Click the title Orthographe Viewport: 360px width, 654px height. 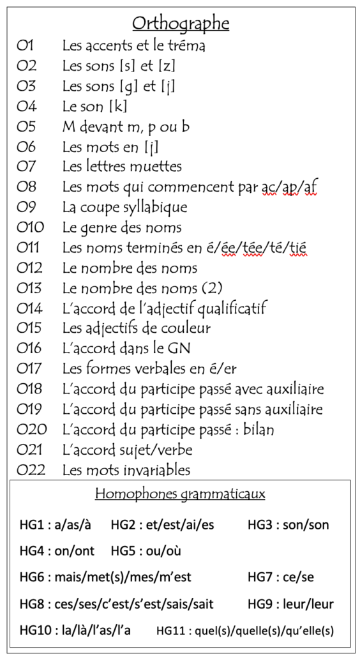[181, 24]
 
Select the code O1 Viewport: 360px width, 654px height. [26, 46]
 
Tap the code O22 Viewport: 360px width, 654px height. [31, 471]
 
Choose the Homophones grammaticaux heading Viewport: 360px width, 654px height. [180, 494]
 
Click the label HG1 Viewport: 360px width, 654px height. [33, 525]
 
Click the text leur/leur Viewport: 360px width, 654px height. [307, 604]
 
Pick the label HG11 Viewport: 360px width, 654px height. [172, 630]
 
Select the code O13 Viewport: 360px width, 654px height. [30, 288]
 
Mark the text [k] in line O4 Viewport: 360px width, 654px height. [118, 107]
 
